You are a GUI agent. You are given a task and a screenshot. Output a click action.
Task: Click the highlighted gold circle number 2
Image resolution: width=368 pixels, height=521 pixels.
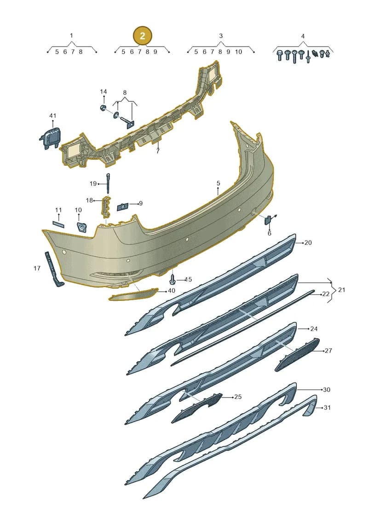coord(142,35)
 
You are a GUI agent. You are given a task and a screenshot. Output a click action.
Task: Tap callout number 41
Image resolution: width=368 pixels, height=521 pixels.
coord(53,116)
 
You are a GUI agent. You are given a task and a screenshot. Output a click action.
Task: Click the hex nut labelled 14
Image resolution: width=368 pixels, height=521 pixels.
coord(103,107)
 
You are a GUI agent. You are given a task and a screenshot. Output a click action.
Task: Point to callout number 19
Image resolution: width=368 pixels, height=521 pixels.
coord(93,183)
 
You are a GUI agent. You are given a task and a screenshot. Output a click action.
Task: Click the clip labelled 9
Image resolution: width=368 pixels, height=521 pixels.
coord(123,206)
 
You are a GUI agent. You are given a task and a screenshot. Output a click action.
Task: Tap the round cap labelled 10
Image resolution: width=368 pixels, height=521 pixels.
coord(81,227)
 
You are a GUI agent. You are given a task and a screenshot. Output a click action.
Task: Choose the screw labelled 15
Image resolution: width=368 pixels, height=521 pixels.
coord(172,278)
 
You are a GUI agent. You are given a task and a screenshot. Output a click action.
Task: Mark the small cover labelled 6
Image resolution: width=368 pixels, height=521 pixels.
coord(268,220)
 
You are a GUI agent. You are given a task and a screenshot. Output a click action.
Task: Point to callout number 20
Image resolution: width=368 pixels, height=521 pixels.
coord(308,243)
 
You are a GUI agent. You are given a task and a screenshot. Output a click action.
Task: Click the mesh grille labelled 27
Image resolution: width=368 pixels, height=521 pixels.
coord(297,355)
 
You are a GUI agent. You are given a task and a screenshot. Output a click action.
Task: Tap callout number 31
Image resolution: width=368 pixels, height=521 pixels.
coord(327,407)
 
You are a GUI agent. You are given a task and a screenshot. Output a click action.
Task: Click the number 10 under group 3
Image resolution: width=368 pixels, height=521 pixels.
coord(239,52)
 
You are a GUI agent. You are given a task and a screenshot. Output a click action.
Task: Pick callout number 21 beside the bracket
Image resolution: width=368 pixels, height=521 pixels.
coord(341,290)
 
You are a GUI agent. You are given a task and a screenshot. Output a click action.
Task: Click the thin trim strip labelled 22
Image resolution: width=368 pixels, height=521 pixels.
coord(242,328)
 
